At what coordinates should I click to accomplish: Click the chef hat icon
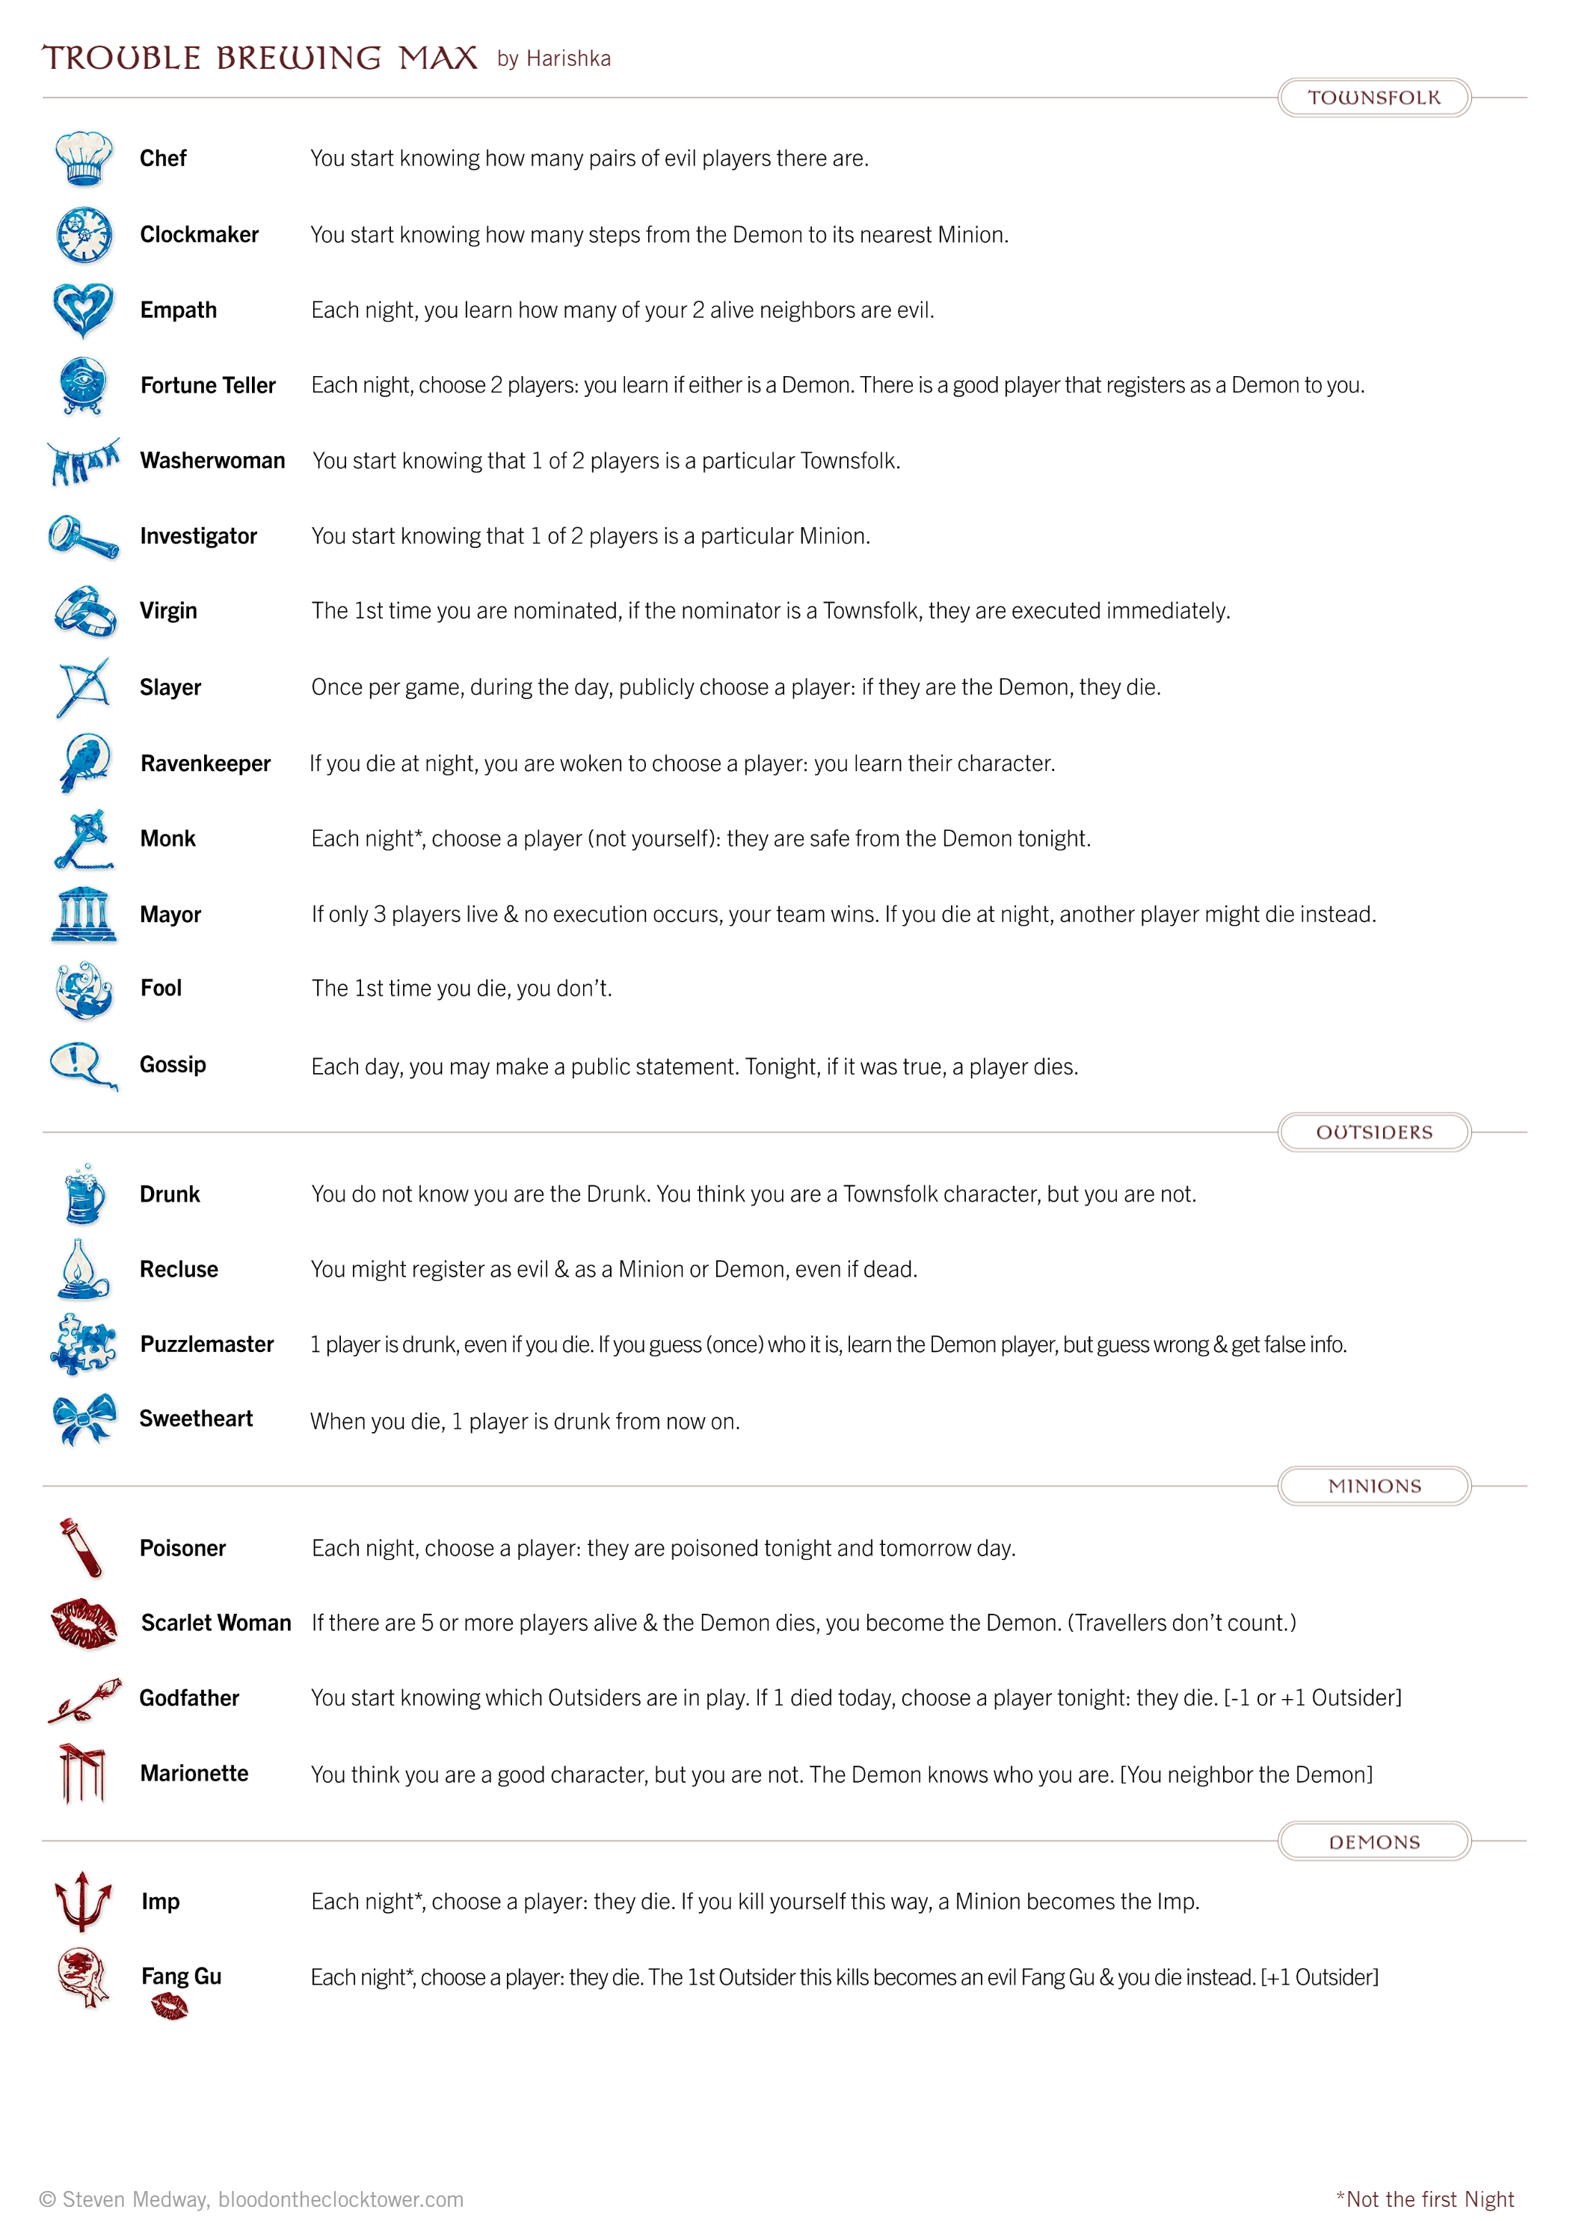[83, 158]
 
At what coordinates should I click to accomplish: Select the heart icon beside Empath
[83, 310]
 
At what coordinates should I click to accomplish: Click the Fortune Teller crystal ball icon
[83, 385]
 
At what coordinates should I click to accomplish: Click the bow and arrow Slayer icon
[83, 686]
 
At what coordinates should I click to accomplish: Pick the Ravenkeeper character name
[205, 764]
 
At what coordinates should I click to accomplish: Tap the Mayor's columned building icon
[83, 914]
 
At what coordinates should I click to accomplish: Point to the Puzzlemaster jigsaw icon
[83, 1344]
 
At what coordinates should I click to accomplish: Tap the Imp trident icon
[83, 1901]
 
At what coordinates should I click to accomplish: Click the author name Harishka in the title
[568, 59]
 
